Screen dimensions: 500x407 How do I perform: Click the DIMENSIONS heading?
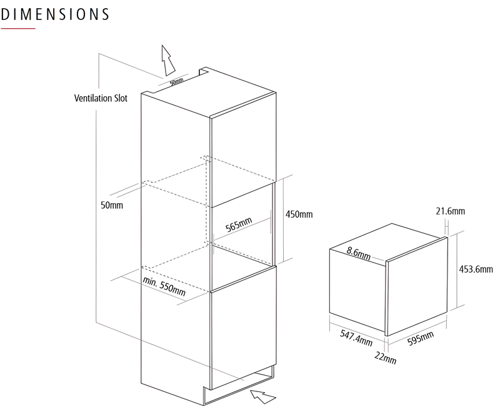(x=55, y=14)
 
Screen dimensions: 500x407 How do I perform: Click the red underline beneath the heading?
(x=18, y=29)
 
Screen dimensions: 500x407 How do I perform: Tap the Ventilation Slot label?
(x=101, y=98)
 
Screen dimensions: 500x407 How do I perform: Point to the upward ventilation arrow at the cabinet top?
(x=168, y=60)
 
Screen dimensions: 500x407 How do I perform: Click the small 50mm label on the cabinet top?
(x=176, y=82)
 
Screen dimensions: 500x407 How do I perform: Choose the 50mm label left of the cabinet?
(x=112, y=205)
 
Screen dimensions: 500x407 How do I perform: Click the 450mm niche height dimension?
(x=299, y=214)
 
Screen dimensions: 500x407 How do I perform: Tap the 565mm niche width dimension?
(x=239, y=224)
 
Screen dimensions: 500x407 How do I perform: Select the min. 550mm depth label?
(x=164, y=286)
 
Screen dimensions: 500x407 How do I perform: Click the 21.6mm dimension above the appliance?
(x=450, y=211)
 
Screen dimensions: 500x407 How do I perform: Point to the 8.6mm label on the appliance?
(x=358, y=254)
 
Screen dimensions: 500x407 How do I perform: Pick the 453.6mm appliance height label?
(x=476, y=269)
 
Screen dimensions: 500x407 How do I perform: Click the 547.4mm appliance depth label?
(x=356, y=338)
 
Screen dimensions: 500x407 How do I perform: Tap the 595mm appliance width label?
(x=421, y=338)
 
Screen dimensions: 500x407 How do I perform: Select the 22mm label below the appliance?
(x=385, y=358)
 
